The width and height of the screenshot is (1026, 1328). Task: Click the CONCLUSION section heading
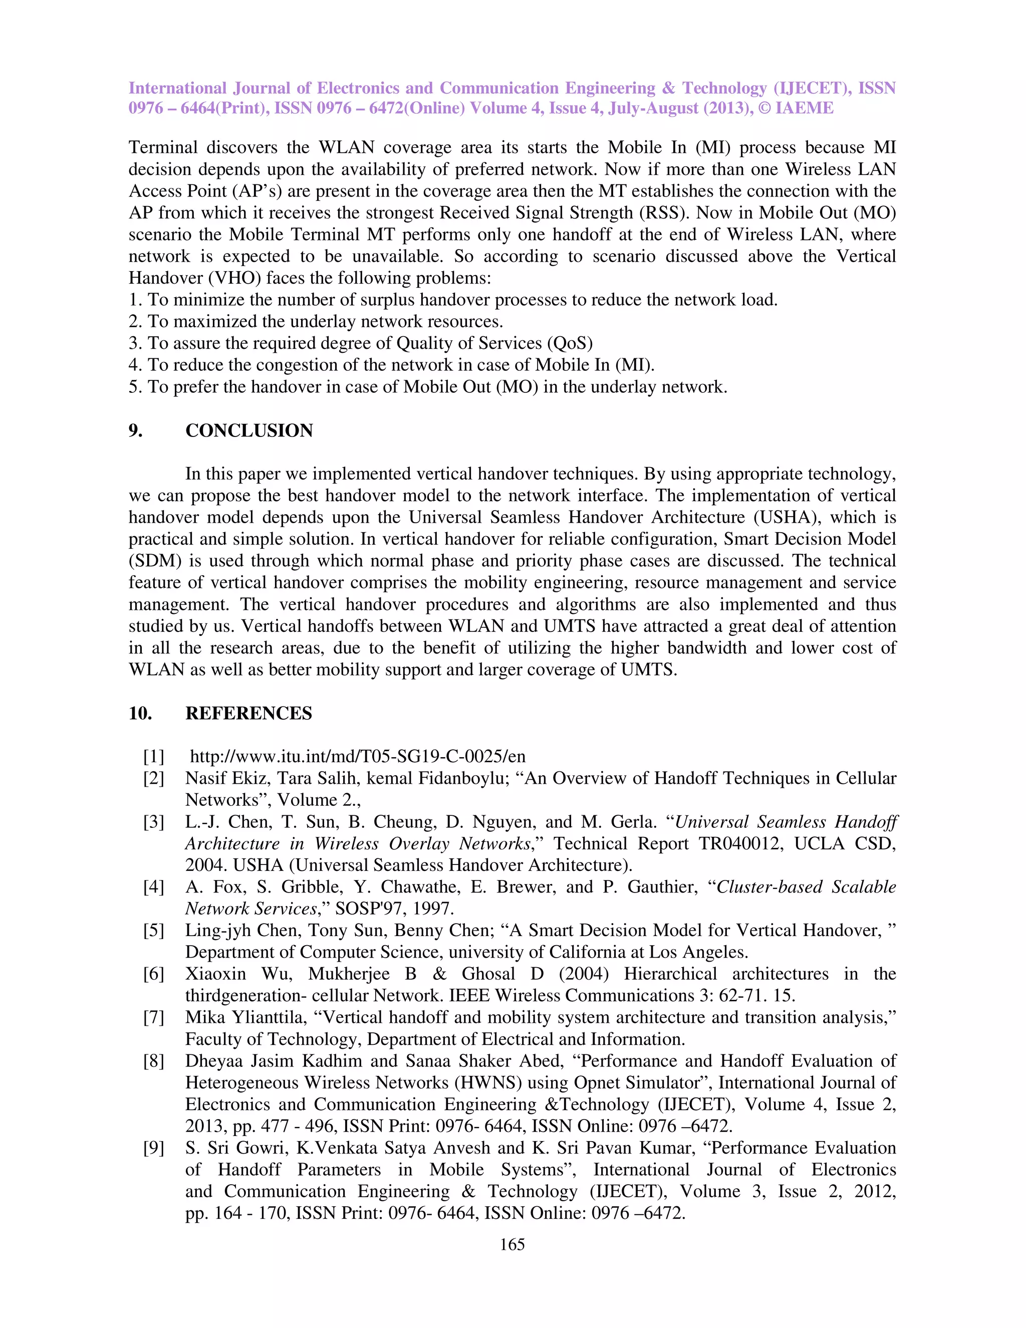(x=248, y=430)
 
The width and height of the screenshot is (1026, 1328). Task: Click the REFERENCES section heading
(x=248, y=713)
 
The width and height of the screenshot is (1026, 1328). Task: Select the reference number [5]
(x=153, y=930)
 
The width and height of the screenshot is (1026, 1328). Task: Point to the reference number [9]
(x=153, y=1148)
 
